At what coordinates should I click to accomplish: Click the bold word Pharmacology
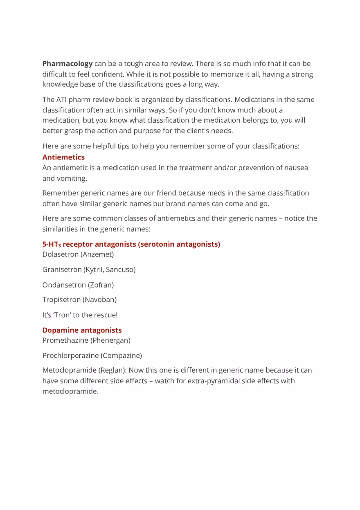click(67, 64)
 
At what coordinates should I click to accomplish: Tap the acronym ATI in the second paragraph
click(62, 100)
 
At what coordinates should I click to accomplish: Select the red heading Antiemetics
click(63, 157)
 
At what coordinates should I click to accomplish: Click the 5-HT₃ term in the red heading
click(51, 245)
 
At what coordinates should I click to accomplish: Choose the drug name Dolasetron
click(60, 254)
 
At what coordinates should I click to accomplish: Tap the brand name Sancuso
click(120, 270)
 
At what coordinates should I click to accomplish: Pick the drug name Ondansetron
click(64, 285)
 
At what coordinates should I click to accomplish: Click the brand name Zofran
click(101, 285)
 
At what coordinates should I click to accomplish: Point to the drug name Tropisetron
click(61, 300)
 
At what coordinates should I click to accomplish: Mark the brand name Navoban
click(99, 300)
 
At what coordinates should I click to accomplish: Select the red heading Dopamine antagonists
click(82, 330)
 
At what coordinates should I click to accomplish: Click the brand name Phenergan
click(110, 340)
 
